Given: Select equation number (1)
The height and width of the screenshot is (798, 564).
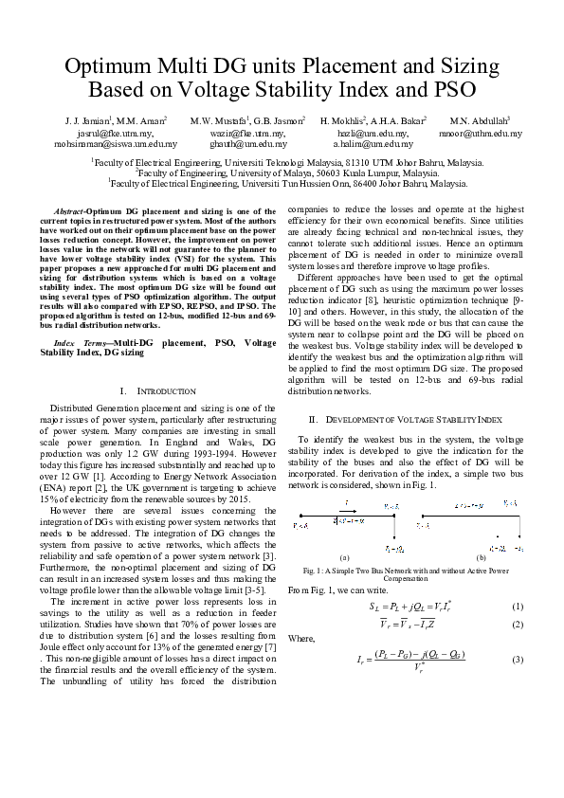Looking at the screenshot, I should [x=517, y=606].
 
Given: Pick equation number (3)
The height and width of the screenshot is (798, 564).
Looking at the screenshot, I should [x=517, y=659].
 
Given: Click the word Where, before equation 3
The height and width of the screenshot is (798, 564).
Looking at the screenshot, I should [x=301, y=639].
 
